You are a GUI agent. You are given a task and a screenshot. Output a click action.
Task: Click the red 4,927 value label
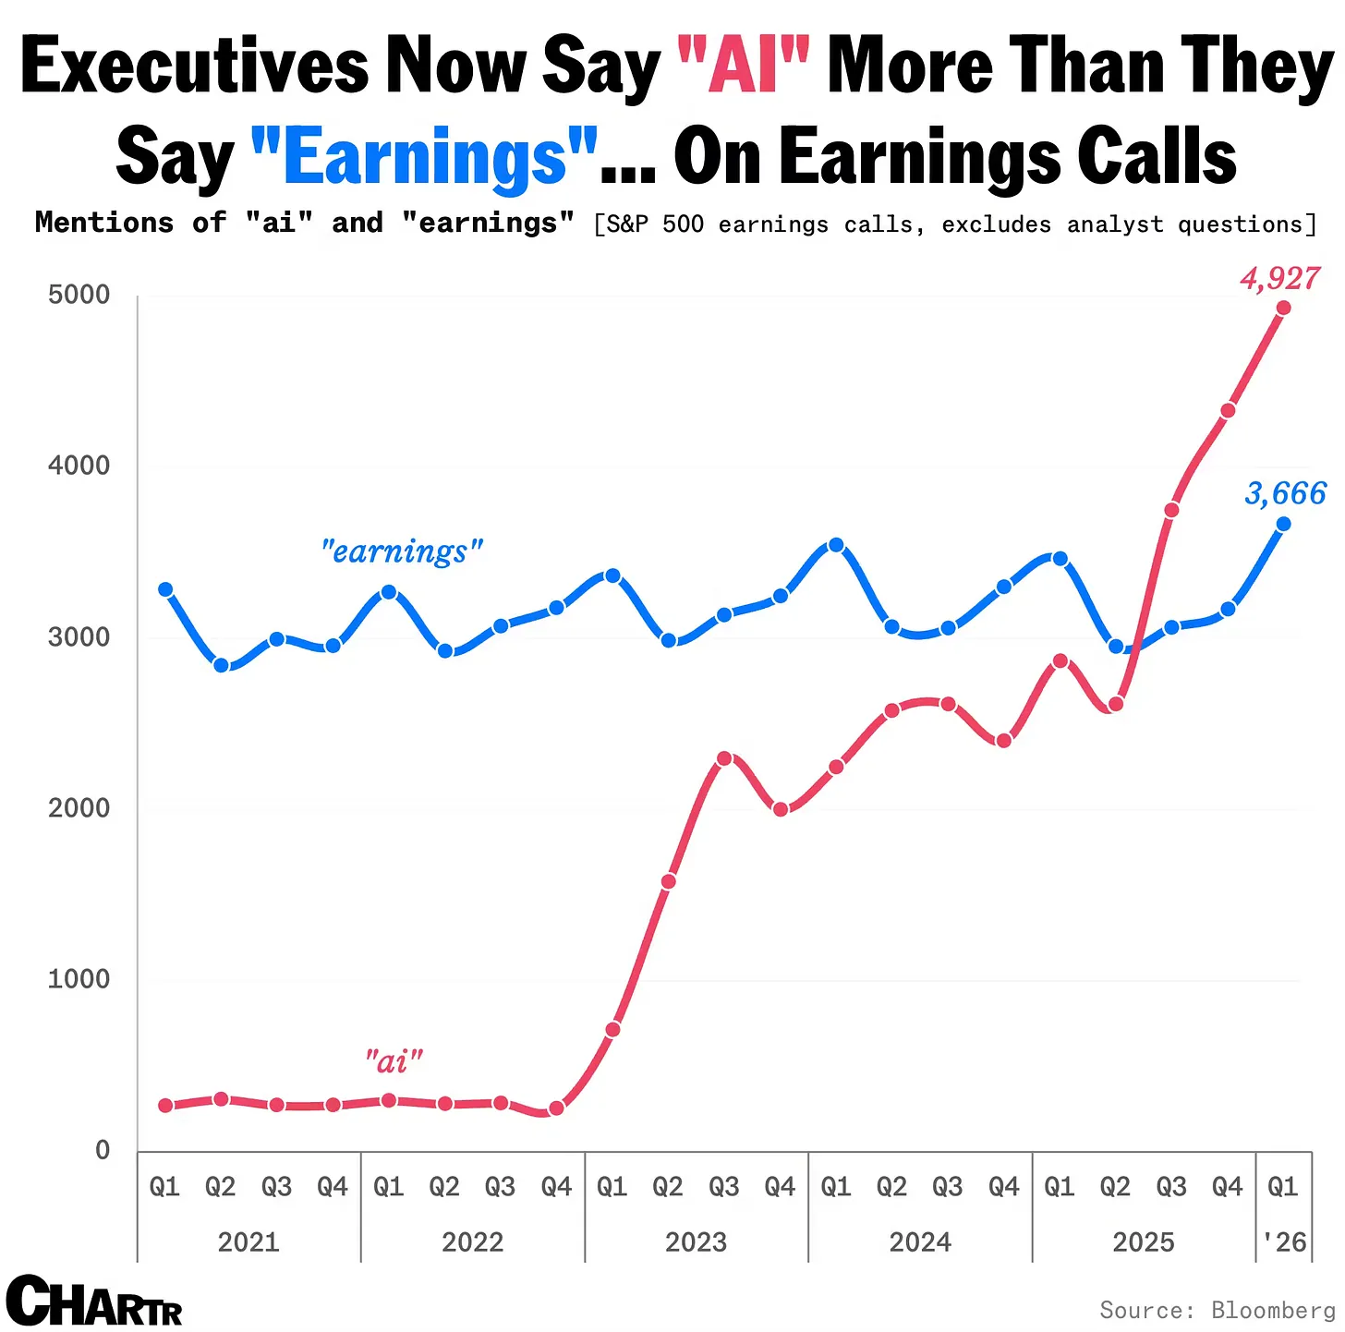(x=1280, y=278)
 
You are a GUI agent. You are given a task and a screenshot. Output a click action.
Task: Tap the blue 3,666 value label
(x=1285, y=494)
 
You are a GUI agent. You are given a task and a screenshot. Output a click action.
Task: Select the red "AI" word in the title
(x=743, y=66)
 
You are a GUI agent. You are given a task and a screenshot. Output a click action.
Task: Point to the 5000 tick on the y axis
(x=79, y=296)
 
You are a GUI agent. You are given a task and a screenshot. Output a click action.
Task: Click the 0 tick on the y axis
(x=103, y=1150)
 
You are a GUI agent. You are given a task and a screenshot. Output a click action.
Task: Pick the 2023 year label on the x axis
(x=696, y=1241)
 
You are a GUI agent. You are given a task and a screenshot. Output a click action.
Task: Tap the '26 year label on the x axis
(x=1284, y=1241)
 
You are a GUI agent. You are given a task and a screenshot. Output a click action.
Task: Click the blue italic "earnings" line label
(x=402, y=551)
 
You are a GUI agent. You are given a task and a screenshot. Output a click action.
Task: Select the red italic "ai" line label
(x=394, y=1061)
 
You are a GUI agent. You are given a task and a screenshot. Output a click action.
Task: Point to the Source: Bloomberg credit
(x=1217, y=1310)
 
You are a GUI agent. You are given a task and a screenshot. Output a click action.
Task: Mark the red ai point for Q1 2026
(x=1283, y=308)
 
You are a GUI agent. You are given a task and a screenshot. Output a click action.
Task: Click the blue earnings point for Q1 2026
(x=1283, y=524)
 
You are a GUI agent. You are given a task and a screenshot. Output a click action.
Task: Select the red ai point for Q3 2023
(x=724, y=758)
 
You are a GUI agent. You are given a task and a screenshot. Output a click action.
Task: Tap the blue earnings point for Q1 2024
(x=836, y=545)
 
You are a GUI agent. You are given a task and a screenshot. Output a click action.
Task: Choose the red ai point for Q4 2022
(x=556, y=1108)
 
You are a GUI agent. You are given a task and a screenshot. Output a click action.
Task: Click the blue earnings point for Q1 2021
(x=165, y=589)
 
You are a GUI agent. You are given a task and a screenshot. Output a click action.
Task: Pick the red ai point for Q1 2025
(x=1060, y=660)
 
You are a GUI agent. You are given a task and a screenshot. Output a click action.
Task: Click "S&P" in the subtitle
(x=627, y=224)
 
